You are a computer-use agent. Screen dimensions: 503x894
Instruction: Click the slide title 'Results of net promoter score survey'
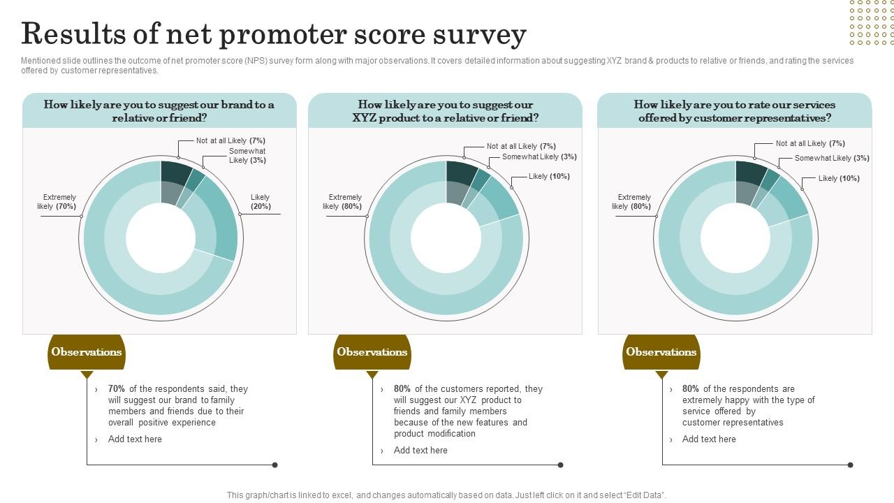click(x=273, y=34)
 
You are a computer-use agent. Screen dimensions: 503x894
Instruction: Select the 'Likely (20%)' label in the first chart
click(x=261, y=202)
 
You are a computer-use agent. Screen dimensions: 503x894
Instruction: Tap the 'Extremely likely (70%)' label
click(x=57, y=202)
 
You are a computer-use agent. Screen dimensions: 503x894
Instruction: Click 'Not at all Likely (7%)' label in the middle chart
click(x=521, y=146)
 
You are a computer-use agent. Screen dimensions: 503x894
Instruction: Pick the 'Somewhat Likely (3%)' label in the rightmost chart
click(x=832, y=158)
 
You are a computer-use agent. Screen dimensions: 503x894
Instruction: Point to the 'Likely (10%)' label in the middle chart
click(x=549, y=176)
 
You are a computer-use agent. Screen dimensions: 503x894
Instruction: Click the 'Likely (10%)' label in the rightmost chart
click(x=839, y=178)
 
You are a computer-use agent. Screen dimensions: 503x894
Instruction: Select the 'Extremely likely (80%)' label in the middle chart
click(x=343, y=202)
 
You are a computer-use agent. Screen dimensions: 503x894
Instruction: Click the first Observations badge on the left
click(x=87, y=352)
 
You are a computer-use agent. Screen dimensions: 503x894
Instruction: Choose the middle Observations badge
click(x=372, y=352)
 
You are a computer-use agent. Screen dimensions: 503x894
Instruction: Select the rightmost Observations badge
click(x=661, y=352)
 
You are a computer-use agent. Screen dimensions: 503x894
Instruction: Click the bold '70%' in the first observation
click(x=117, y=389)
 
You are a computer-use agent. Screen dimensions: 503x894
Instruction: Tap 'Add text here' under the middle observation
click(x=420, y=451)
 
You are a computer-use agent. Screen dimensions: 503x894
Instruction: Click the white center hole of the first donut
click(x=160, y=238)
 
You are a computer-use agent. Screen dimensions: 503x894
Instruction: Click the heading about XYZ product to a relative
click(x=445, y=111)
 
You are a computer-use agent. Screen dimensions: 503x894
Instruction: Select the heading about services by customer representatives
click(x=734, y=111)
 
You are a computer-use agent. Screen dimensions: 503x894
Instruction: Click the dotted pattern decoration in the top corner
click(x=871, y=22)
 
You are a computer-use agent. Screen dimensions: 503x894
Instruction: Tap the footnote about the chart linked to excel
click(x=446, y=495)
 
